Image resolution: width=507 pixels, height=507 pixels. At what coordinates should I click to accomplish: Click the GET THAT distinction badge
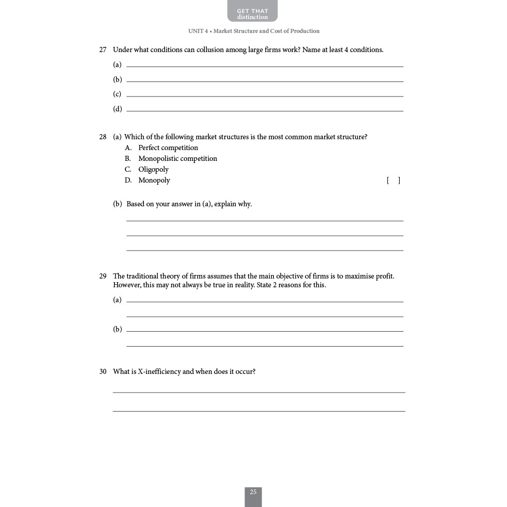(252, 11)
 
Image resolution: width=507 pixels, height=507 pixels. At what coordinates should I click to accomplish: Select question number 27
(103, 50)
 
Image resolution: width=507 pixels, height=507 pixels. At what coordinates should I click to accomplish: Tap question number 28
(103, 137)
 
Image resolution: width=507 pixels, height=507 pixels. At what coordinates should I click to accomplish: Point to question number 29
(103, 276)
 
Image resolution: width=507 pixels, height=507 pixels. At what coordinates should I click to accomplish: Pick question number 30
(103, 372)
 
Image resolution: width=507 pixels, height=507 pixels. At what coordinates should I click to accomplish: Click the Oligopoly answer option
(153, 170)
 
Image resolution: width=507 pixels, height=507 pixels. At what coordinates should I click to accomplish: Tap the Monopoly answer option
(154, 181)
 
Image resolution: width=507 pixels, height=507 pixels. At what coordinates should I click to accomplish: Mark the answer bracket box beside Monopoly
(394, 181)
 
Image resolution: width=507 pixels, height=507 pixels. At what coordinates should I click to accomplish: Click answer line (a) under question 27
(265, 64)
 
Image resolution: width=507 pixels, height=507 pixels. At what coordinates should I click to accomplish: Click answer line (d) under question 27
(265, 109)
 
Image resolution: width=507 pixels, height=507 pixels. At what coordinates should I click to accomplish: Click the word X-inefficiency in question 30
(159, 372)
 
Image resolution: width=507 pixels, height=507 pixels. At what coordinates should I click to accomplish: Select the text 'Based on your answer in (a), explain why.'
(189, 204)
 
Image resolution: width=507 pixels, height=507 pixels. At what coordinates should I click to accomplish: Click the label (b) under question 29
(118, 330)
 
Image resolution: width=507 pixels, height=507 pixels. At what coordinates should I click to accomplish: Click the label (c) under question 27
(117, 94)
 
